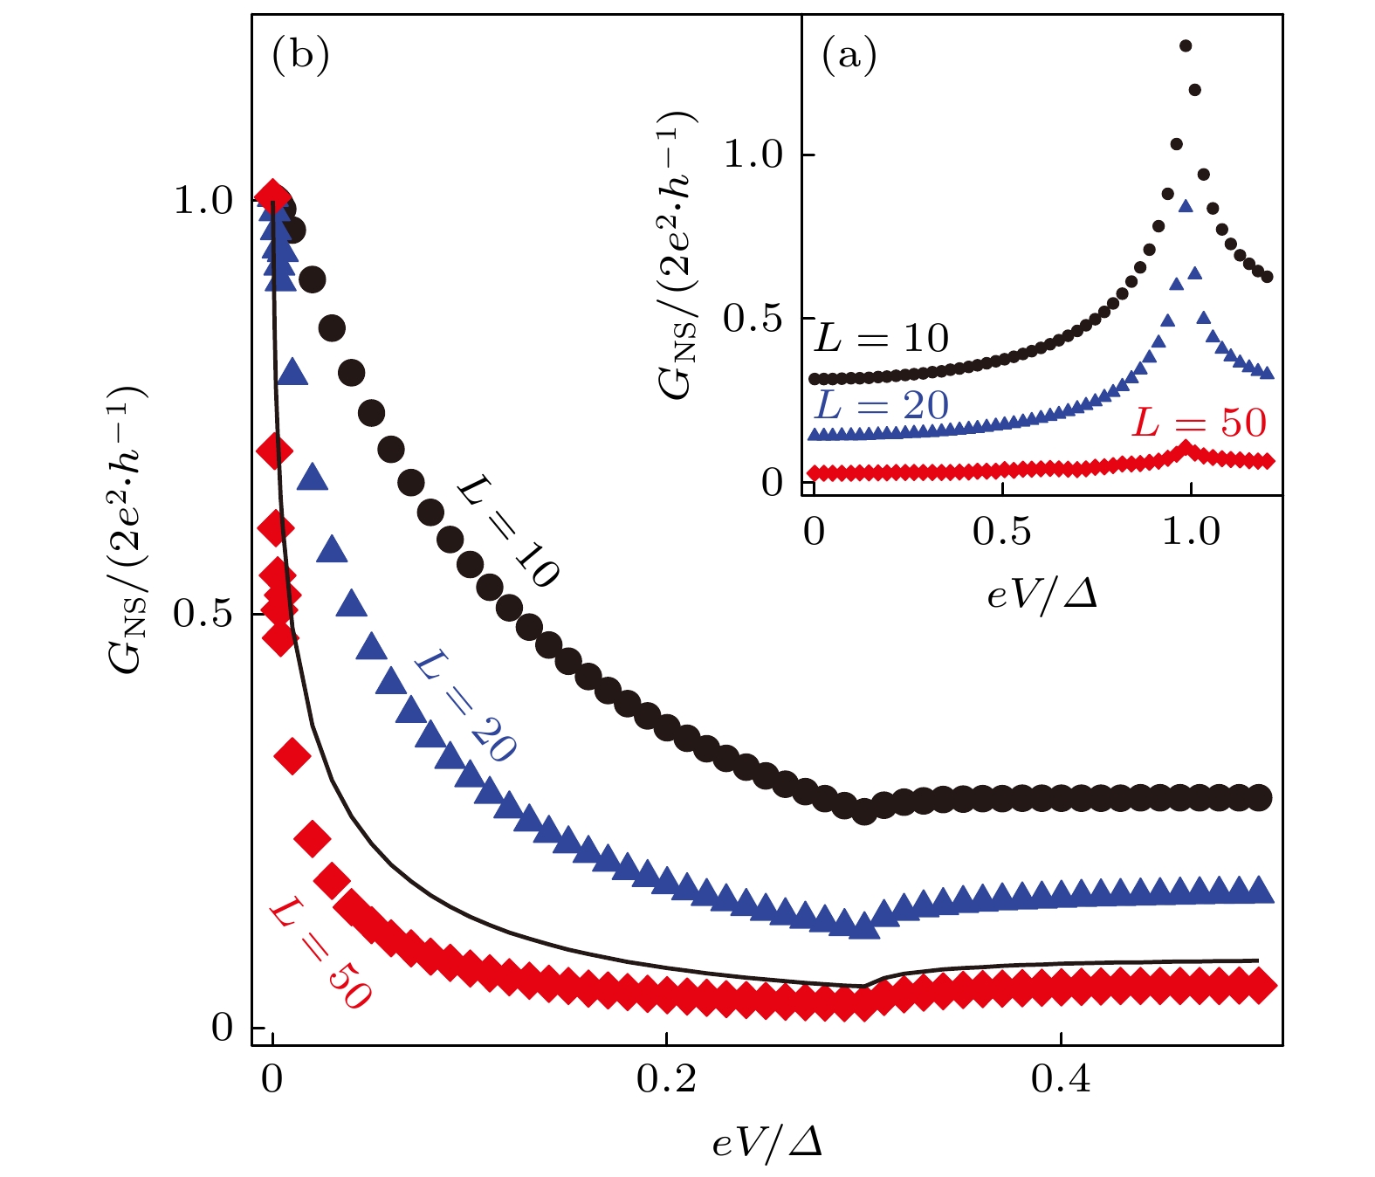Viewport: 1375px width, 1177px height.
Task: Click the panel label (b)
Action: click(301, 56)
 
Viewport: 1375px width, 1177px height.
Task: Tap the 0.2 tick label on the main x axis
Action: click(666, 1081)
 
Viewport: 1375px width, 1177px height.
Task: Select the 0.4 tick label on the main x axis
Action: click(1061, 1081)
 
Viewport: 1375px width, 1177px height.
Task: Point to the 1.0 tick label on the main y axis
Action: click(203, 201)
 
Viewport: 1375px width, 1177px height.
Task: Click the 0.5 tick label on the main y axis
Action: click(203, 614)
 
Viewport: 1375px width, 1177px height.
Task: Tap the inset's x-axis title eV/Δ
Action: click(1042, 595)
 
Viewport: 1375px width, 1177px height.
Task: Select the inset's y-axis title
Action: click(679, 256)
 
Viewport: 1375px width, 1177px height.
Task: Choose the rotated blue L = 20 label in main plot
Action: click(464, 706)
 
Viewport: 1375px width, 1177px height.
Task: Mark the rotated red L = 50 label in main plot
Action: click(320, 954)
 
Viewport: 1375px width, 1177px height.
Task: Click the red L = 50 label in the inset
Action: click(1199, 423)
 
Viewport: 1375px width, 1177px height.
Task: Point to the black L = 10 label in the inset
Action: click(881, 338)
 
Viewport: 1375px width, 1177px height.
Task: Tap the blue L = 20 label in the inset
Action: click(881, 405)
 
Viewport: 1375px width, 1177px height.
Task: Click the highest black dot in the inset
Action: click(1186, 46)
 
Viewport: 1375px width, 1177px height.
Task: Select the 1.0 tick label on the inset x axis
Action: click(1191, 532)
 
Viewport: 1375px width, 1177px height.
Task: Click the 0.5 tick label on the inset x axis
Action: click(1002, 532)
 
